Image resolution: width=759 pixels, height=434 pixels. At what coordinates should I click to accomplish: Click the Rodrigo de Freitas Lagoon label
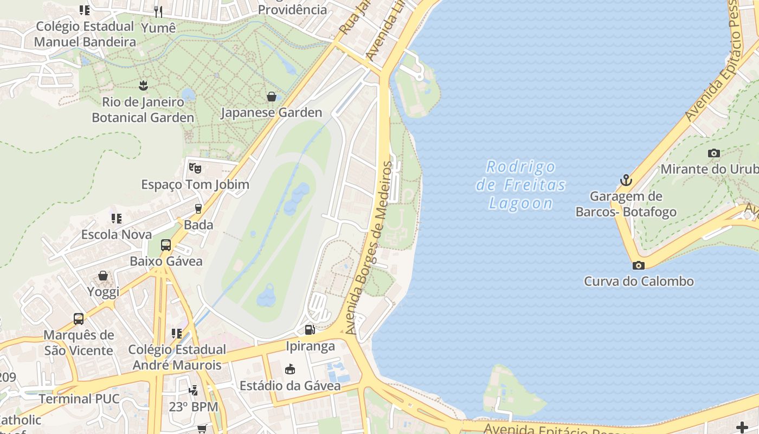(520, 185)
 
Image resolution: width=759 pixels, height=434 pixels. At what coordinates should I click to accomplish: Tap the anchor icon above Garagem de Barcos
(626, 180)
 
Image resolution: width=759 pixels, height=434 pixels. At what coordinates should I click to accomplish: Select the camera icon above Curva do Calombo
(639, 265)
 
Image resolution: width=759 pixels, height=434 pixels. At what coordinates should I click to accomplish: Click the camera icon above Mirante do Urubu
(714, 153)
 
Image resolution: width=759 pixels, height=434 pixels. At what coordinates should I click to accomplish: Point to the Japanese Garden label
(271, 113)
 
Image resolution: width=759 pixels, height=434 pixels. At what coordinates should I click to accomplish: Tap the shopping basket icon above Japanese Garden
(272, 97)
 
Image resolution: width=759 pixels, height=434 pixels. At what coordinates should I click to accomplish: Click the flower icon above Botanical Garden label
(143, 85)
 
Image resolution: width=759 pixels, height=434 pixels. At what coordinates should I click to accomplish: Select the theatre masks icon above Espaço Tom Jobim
(195, 168)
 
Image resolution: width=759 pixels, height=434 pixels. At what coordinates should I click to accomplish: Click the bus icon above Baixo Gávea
(166, 245)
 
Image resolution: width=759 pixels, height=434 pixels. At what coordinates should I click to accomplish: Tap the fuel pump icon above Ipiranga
(310, 329)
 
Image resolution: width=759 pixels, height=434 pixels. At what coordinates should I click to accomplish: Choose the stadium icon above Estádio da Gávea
(290, 369)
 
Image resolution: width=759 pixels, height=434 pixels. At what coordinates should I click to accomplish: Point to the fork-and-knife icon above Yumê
(158, 11)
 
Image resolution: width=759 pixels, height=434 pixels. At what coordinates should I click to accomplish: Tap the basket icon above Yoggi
(103, 276)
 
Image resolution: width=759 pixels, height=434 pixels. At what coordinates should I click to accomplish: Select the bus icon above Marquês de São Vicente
(79, 318)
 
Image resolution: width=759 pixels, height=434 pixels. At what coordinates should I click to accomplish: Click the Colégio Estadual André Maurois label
(177, 357)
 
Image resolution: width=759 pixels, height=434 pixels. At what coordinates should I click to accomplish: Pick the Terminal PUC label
(79, 399)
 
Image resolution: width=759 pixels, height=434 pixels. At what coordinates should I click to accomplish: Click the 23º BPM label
(194, 406)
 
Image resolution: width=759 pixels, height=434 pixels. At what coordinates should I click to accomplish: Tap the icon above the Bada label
(198, 208)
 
